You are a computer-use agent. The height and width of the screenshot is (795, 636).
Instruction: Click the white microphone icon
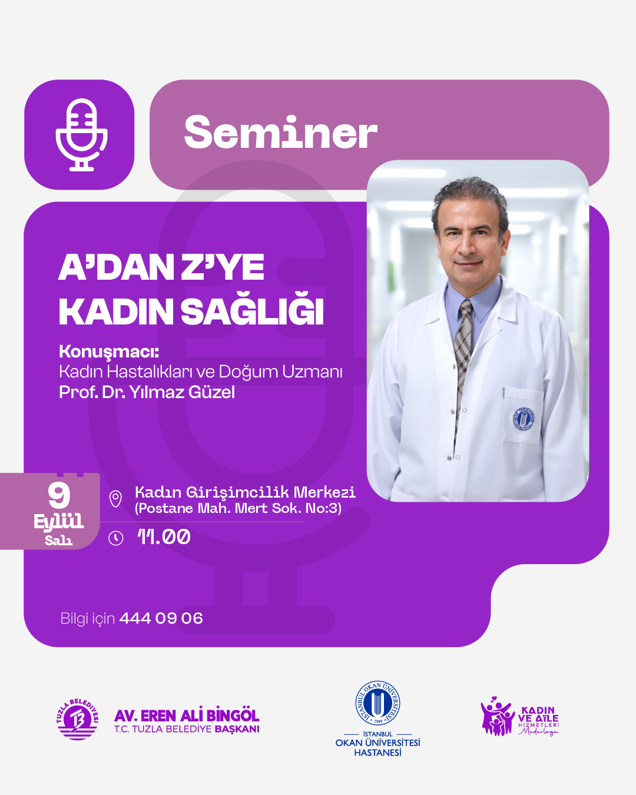81,135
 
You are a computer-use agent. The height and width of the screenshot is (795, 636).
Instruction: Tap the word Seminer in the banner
280,133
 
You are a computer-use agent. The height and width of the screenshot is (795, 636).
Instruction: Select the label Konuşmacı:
109,352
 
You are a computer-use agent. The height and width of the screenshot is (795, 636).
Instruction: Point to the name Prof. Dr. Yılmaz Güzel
147,392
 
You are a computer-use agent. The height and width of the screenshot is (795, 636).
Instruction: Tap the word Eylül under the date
58,521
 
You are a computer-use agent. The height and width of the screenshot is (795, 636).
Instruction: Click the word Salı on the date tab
58,540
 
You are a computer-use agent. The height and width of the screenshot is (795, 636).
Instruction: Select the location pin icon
116,499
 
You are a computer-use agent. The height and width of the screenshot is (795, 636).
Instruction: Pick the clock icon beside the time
116,538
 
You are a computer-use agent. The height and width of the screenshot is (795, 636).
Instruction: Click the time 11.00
164,536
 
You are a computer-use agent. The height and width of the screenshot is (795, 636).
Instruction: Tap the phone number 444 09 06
161,618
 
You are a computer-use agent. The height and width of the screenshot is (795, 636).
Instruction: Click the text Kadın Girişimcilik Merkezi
245,492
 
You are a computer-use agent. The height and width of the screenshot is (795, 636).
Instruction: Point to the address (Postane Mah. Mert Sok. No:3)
238,508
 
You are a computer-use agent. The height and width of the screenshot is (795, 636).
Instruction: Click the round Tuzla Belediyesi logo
77,719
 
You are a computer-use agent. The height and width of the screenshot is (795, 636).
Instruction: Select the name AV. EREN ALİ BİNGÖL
187,715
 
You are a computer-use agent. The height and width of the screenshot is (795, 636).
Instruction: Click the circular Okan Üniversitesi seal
377,703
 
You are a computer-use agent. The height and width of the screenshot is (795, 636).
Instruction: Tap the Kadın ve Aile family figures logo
497,717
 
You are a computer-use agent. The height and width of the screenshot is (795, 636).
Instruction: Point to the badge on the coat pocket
522,419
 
